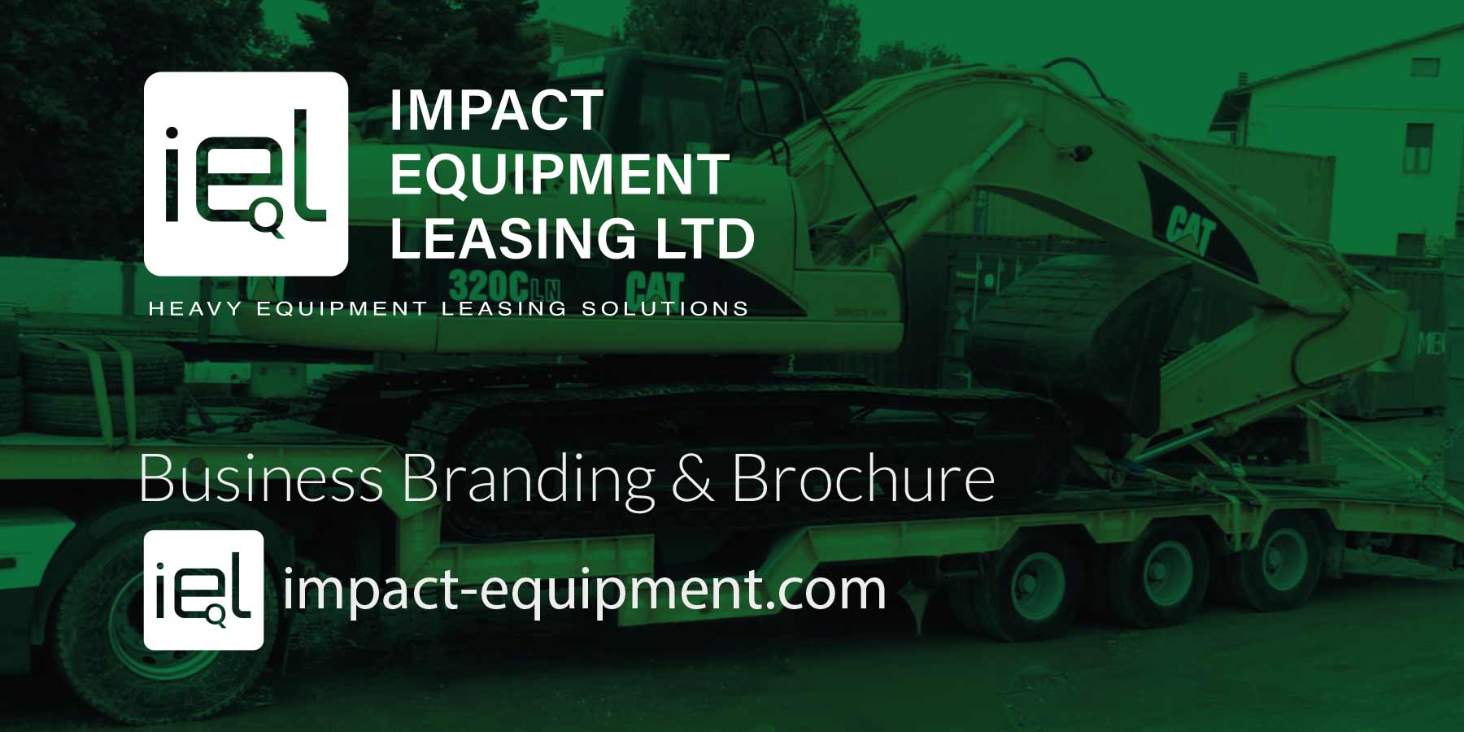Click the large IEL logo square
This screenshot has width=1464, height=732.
[x=246, y=174]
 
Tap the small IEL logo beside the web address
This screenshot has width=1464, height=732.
[x=203, y=590]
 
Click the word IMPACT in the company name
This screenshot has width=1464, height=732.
[x=496, y=111]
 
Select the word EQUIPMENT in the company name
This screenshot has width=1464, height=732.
[x=560, y=174]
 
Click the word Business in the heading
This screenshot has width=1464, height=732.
[x=261, y=479]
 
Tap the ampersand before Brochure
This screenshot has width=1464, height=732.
[x=692, y=479]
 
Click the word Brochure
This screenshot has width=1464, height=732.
[x=863, y=479]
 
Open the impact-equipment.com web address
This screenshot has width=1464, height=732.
[x=584, y=589]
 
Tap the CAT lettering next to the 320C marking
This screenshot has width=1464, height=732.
[x=655, y=288]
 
